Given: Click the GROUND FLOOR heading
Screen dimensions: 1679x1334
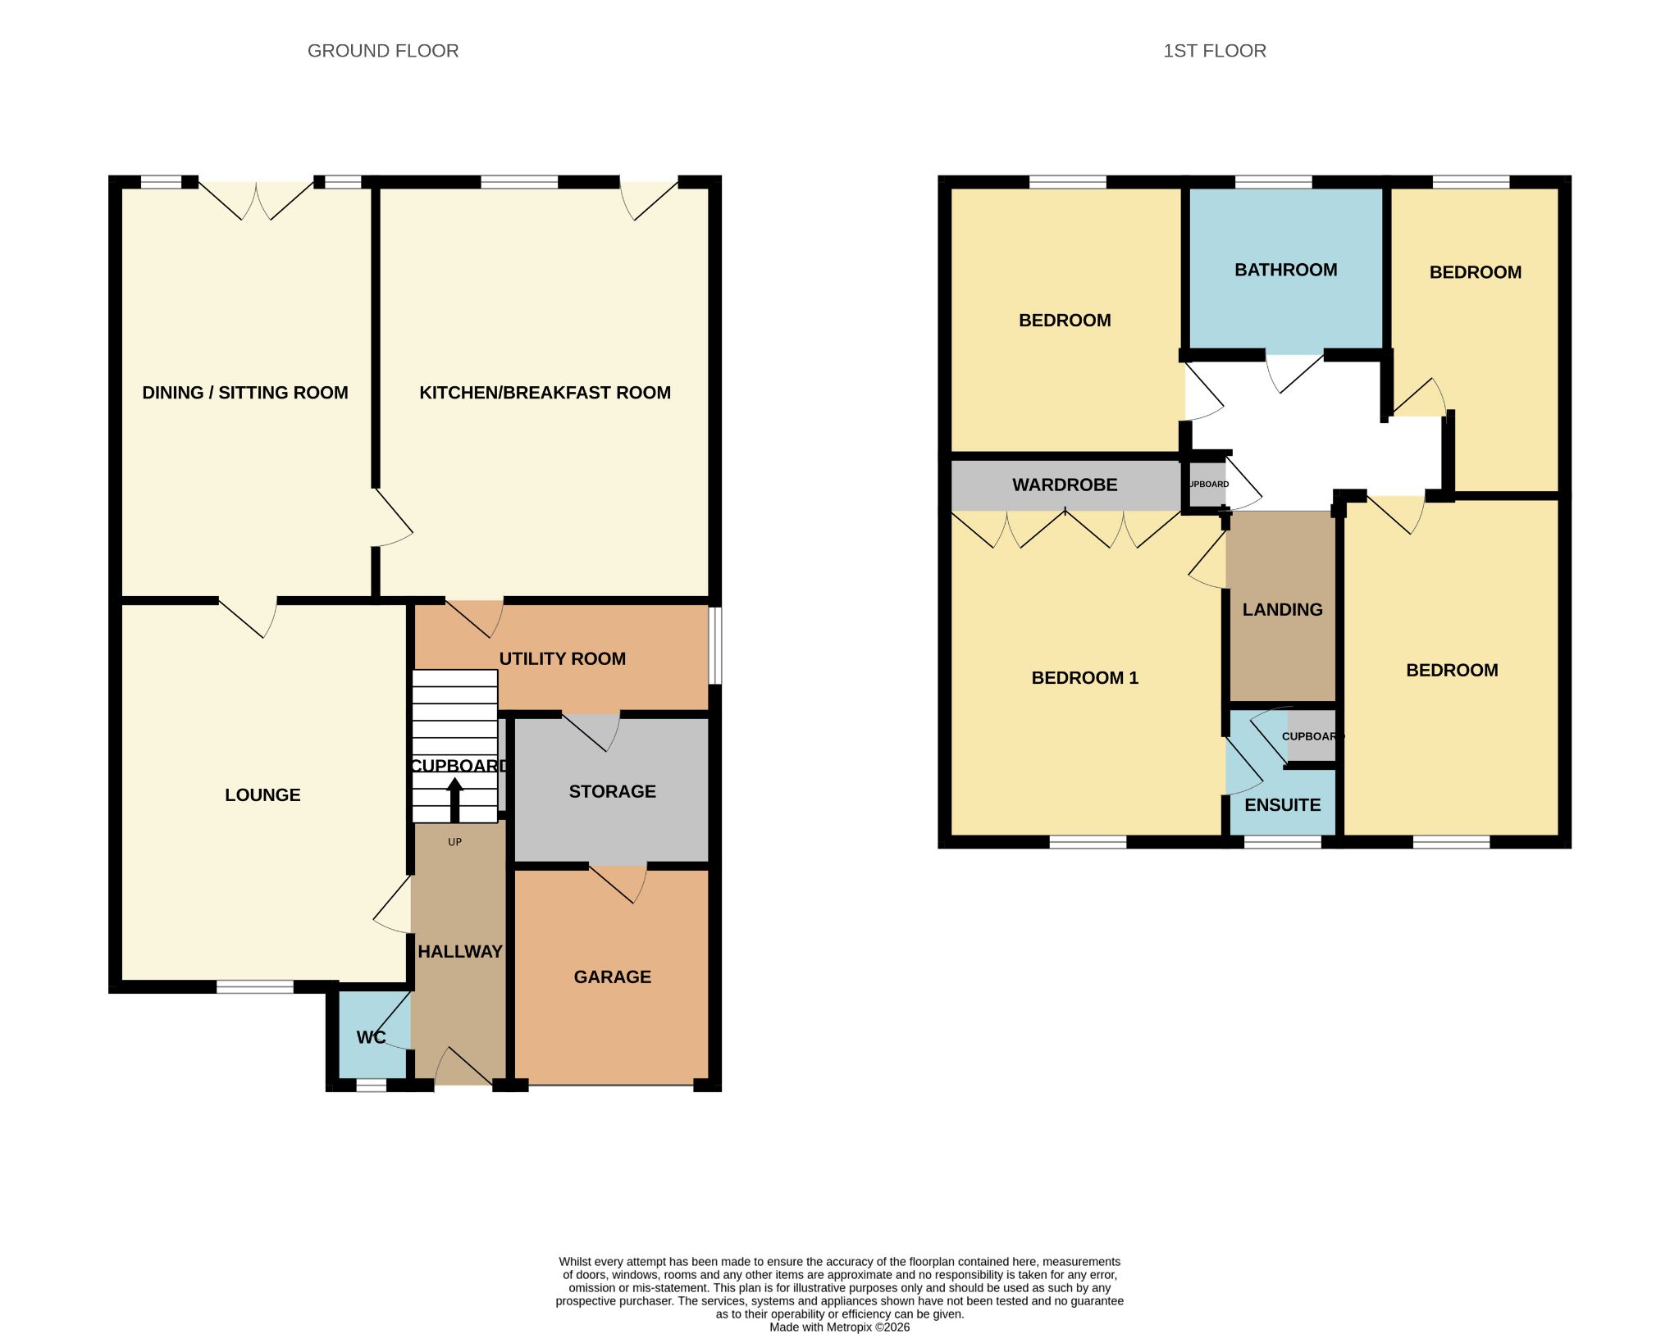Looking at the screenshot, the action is pyautogui.click(x=383, y=51).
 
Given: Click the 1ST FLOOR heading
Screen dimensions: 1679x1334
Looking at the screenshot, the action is pyautogui.click(x=1215, y=51).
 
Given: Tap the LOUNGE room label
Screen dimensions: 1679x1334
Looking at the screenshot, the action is pyautogui.click(x=262, y=794).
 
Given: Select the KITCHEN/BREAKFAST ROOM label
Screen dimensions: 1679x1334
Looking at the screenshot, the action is pyautogui.click(x=545, y=393).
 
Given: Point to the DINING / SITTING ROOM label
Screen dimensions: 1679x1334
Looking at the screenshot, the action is pyautogui.click(x=245, y=393).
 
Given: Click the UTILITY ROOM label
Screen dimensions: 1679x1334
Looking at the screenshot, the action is pyautogui.click(x=563, y=658).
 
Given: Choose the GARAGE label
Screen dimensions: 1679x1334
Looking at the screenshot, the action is pyautogui.click(x=613, y=977).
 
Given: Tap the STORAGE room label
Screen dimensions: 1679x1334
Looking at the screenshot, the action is pyautogui.click(x=613, y=791).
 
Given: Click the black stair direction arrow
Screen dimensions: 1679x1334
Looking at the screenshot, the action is pyautogui.click(x=454, y=799).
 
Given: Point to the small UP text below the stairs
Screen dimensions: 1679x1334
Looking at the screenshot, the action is pyautogui.click(x=454, y=842).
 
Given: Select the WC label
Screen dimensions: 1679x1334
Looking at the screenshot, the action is pyautogui.click(x=371, y=1037).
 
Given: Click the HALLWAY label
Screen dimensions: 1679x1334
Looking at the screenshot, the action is pyautogui.click(x=460, y=951).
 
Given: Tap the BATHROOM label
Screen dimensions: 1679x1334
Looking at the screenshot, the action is pyautogui.click(x=1286, y=270).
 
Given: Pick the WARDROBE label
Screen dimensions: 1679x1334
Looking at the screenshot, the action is pyautogui.click(x=1065, y=485).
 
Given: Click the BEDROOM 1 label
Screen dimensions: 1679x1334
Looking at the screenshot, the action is pyautogui.click(x=1085, y=677).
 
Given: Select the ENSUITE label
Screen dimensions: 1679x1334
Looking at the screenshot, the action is pyautogui.click(x=1283, y=805).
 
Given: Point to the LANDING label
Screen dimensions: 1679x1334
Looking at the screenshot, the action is pyautogui.click(x=1283, y=609).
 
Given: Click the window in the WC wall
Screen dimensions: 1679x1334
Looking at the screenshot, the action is pyautogui.click(x=371, y=1085).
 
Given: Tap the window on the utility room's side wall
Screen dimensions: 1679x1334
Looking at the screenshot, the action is pyautogui.click(x=715, y=644).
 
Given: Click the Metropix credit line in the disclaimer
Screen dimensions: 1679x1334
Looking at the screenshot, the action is pyautogui.click(x=840, y=1327).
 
